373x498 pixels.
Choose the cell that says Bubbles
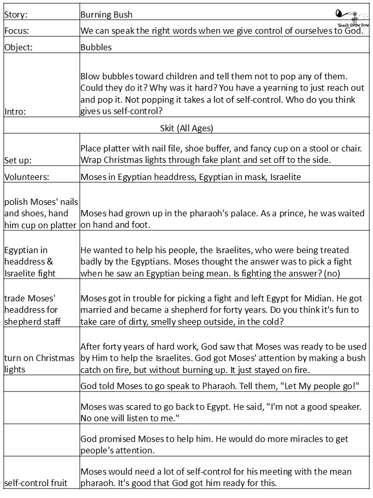click(x=96, y=47)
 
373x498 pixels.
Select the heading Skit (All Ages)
click(x=187, y=127)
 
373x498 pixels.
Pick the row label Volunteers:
click(x=26, y=176)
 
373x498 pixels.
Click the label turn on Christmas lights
click(x=39, y=364)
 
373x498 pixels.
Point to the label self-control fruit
click(x=36, y=483)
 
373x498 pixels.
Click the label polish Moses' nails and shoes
click(x=40, y=213)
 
